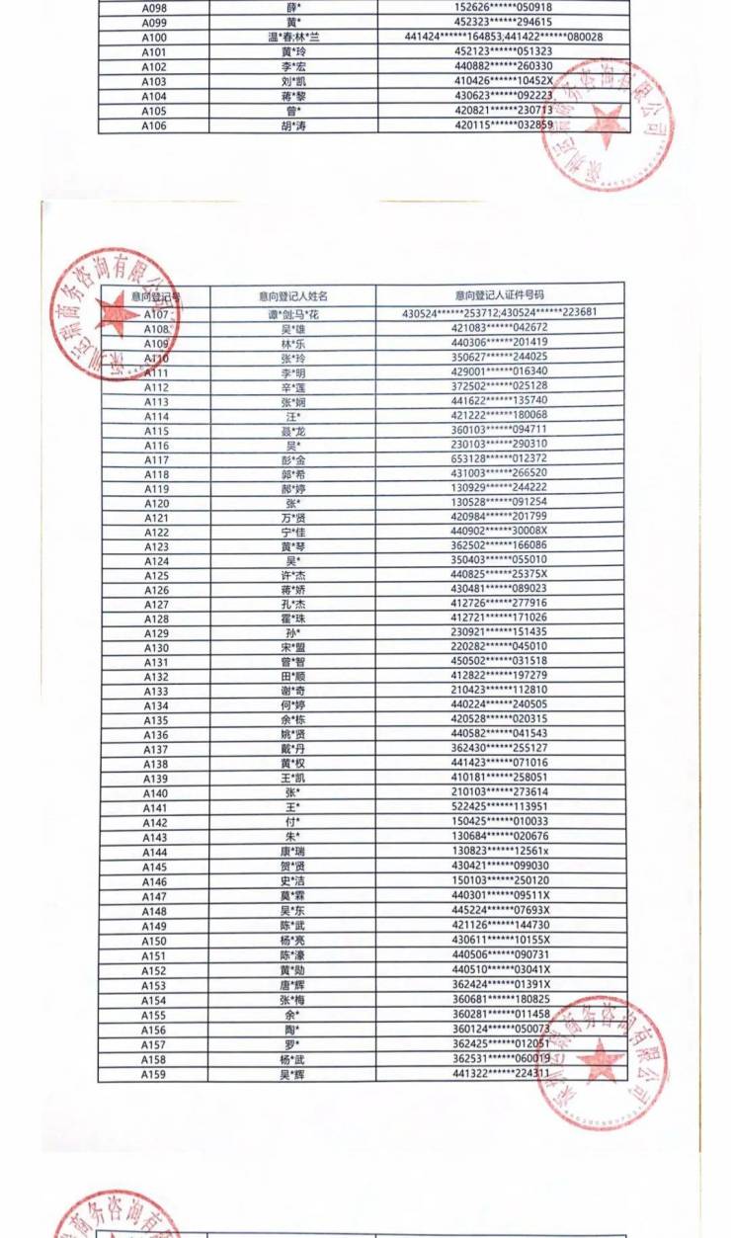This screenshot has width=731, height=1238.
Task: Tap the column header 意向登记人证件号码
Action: [x=500, y=294]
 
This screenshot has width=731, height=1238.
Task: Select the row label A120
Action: [x=156, y=503]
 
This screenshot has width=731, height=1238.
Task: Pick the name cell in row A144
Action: [x=292, y=851]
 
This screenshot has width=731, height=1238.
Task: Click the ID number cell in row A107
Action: [x=500, y=313]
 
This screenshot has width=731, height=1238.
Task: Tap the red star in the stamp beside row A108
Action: [x=118, y=315]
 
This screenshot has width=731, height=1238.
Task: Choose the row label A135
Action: [x=155, y=720]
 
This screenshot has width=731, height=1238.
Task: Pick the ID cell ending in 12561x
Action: [x=500, y=851]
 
